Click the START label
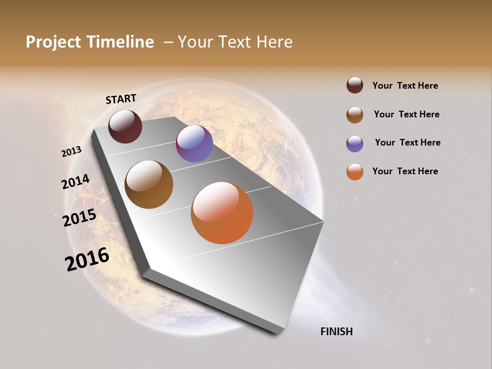121,99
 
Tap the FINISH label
336,332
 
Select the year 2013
71,152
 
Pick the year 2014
75,182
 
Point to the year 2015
79,218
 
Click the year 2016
87,259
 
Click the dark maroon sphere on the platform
125,126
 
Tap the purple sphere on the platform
194,143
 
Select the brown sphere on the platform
149,184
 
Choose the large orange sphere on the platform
222,213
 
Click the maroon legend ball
355,86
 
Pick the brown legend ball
355,115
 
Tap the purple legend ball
355,143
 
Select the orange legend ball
355,172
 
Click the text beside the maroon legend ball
405,86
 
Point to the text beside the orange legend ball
405,171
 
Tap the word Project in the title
54,42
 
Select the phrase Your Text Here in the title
235,42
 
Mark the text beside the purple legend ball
407,142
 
